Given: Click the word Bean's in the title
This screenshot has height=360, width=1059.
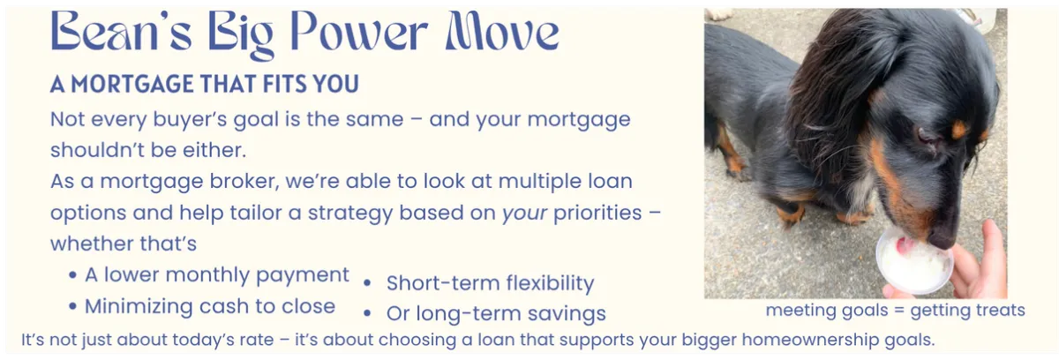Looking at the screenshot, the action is coord(121,31).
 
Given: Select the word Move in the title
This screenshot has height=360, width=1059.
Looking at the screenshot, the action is coord(502,31).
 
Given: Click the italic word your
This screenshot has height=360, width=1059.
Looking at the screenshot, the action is coord(524,214).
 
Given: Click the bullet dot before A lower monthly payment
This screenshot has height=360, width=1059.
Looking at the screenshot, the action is coord(72,275).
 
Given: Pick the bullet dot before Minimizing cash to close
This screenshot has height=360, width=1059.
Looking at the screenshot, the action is coord(72,306).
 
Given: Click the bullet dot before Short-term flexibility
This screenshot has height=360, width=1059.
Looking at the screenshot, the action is coord(367,283).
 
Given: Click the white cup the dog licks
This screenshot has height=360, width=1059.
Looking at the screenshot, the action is coord(913,263).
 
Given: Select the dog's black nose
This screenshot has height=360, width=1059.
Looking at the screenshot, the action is coord(943,238).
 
